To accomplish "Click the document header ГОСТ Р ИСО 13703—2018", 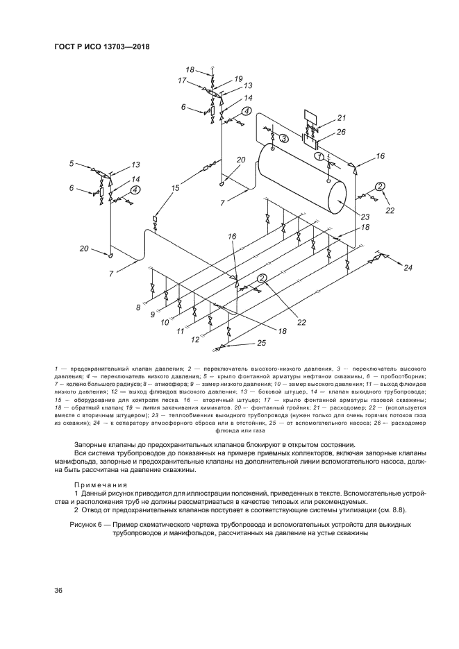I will [102, 47].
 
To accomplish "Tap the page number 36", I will [58, 590].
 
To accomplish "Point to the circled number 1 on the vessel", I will [320, 157].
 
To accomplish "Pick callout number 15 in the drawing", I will [176, 187].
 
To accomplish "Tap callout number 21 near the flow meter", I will [341, 117].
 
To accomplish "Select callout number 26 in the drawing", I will [341, 132].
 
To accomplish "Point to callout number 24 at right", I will [408, 267].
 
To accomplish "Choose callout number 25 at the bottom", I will [261, 342].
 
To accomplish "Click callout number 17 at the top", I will [182, 81].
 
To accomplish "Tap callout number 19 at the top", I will [238, 79].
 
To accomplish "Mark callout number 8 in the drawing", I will [138, 306].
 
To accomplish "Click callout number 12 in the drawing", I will [196, 340].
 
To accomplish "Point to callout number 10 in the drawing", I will [165, 323].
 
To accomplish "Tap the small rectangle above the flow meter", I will [309, 115].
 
